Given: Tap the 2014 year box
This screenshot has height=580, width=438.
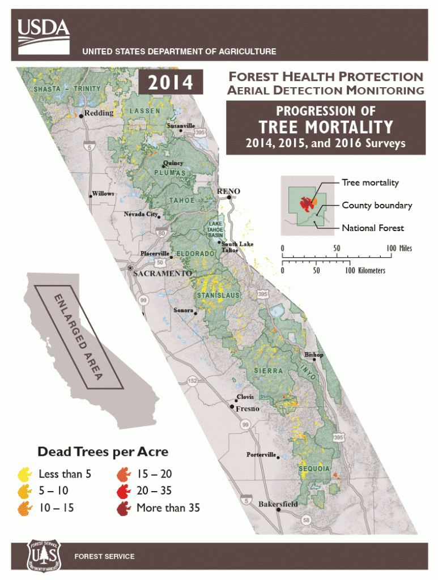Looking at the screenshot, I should point(171,83).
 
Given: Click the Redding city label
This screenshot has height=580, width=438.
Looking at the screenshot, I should point(99,113).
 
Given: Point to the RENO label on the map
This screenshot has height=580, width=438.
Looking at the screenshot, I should point(229,191).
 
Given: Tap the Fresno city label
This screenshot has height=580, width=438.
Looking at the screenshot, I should point(247,408).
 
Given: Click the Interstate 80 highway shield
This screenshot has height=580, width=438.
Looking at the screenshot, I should point(163,232).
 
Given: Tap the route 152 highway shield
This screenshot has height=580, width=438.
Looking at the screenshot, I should point(193,381).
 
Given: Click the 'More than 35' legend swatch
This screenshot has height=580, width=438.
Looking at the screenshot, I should point(124,508).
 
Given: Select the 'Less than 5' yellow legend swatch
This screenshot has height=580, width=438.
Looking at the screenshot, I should point(25,474).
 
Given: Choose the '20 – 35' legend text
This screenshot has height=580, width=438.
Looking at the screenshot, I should point(154,491).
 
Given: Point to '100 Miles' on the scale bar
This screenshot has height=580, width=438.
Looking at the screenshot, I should point(399,248).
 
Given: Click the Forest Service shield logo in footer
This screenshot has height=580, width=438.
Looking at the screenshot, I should point(43,556).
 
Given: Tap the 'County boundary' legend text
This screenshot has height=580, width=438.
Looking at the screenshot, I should point(377,205).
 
